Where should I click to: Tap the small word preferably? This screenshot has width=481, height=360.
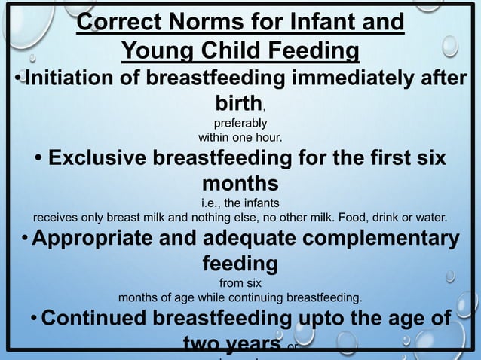(240, 123)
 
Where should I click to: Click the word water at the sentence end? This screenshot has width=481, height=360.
(431, 218)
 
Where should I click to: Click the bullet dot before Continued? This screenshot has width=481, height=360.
(33, 319)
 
